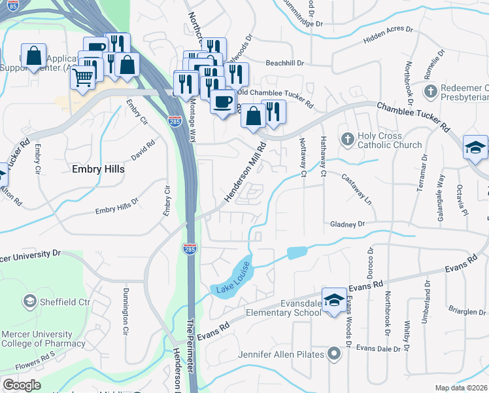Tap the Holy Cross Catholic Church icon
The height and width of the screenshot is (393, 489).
click(348, 138)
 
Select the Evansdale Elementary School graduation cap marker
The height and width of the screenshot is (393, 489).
click(334, 300)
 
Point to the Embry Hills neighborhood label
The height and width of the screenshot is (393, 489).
click(97, 169)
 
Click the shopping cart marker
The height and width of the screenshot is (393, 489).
click(83, 78)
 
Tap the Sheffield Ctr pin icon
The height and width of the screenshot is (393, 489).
click(29, 301)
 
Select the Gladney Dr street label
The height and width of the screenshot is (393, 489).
click(347, 224)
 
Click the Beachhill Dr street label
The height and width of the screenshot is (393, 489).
click(286, 64)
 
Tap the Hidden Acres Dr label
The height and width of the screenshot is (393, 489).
click(388, 39)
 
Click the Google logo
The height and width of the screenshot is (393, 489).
click(22, 385)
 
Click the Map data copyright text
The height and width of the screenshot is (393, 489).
click(462, 388)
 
